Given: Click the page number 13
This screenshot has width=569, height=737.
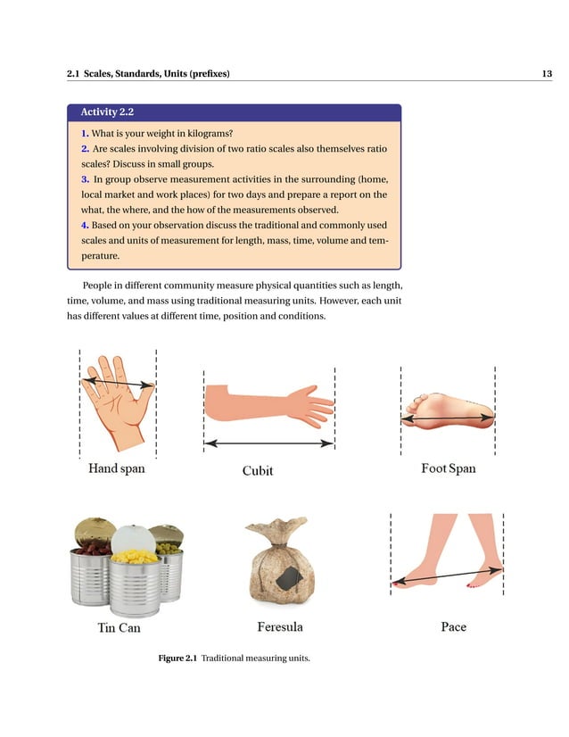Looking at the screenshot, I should click(x=546, y=73).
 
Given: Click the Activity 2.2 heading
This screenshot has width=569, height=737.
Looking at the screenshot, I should click(x=107, y=112).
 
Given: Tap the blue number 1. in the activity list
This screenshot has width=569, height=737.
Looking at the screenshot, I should click(x=85, y=133).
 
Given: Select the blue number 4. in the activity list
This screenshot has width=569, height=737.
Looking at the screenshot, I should click(x=85, y=224).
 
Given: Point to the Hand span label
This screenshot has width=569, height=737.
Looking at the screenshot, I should click(x=116, y=468).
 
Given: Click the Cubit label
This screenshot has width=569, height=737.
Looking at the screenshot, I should click(x=258, y=470).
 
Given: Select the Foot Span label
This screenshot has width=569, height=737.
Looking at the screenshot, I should click(x=448, y=468).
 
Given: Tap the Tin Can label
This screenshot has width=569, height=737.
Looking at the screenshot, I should click(x=119, y=627).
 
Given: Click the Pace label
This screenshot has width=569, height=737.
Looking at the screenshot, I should click(x=453, y=626).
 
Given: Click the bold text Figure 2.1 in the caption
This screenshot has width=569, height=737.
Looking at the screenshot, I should click(x=177, y=658).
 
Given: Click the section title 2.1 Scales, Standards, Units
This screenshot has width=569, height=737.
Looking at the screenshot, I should click(x=148, y=73).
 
